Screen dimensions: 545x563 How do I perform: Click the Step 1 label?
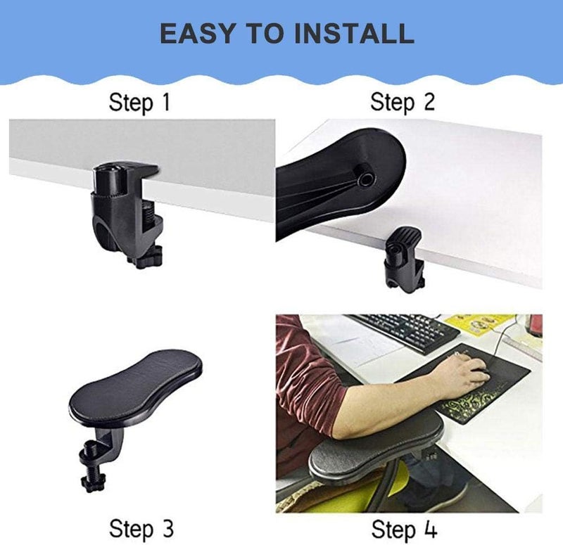point(139,103)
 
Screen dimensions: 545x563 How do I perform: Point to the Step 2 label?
point(403,103)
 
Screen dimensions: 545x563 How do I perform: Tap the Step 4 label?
point(403,527)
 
